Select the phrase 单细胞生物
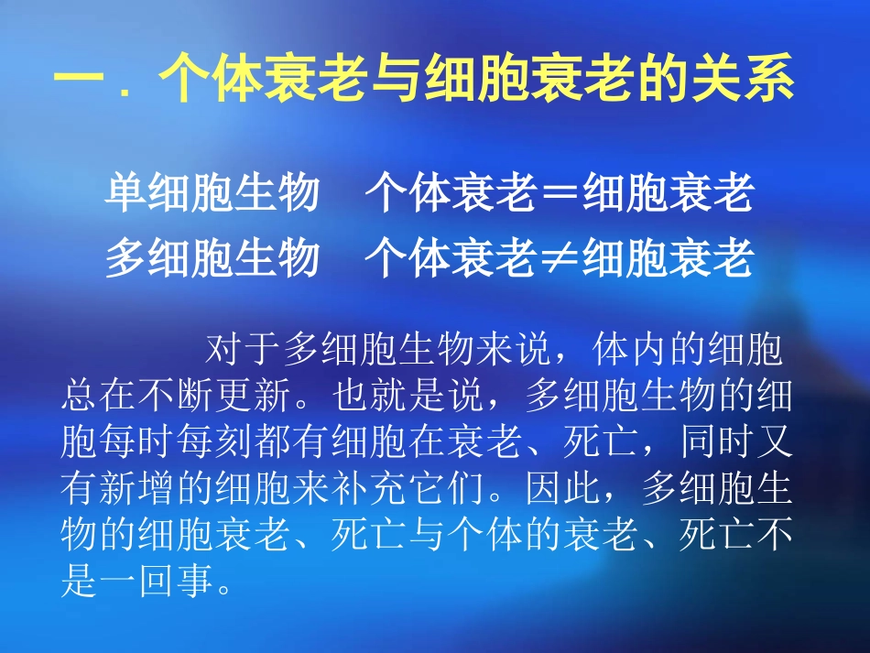point(213,194)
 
